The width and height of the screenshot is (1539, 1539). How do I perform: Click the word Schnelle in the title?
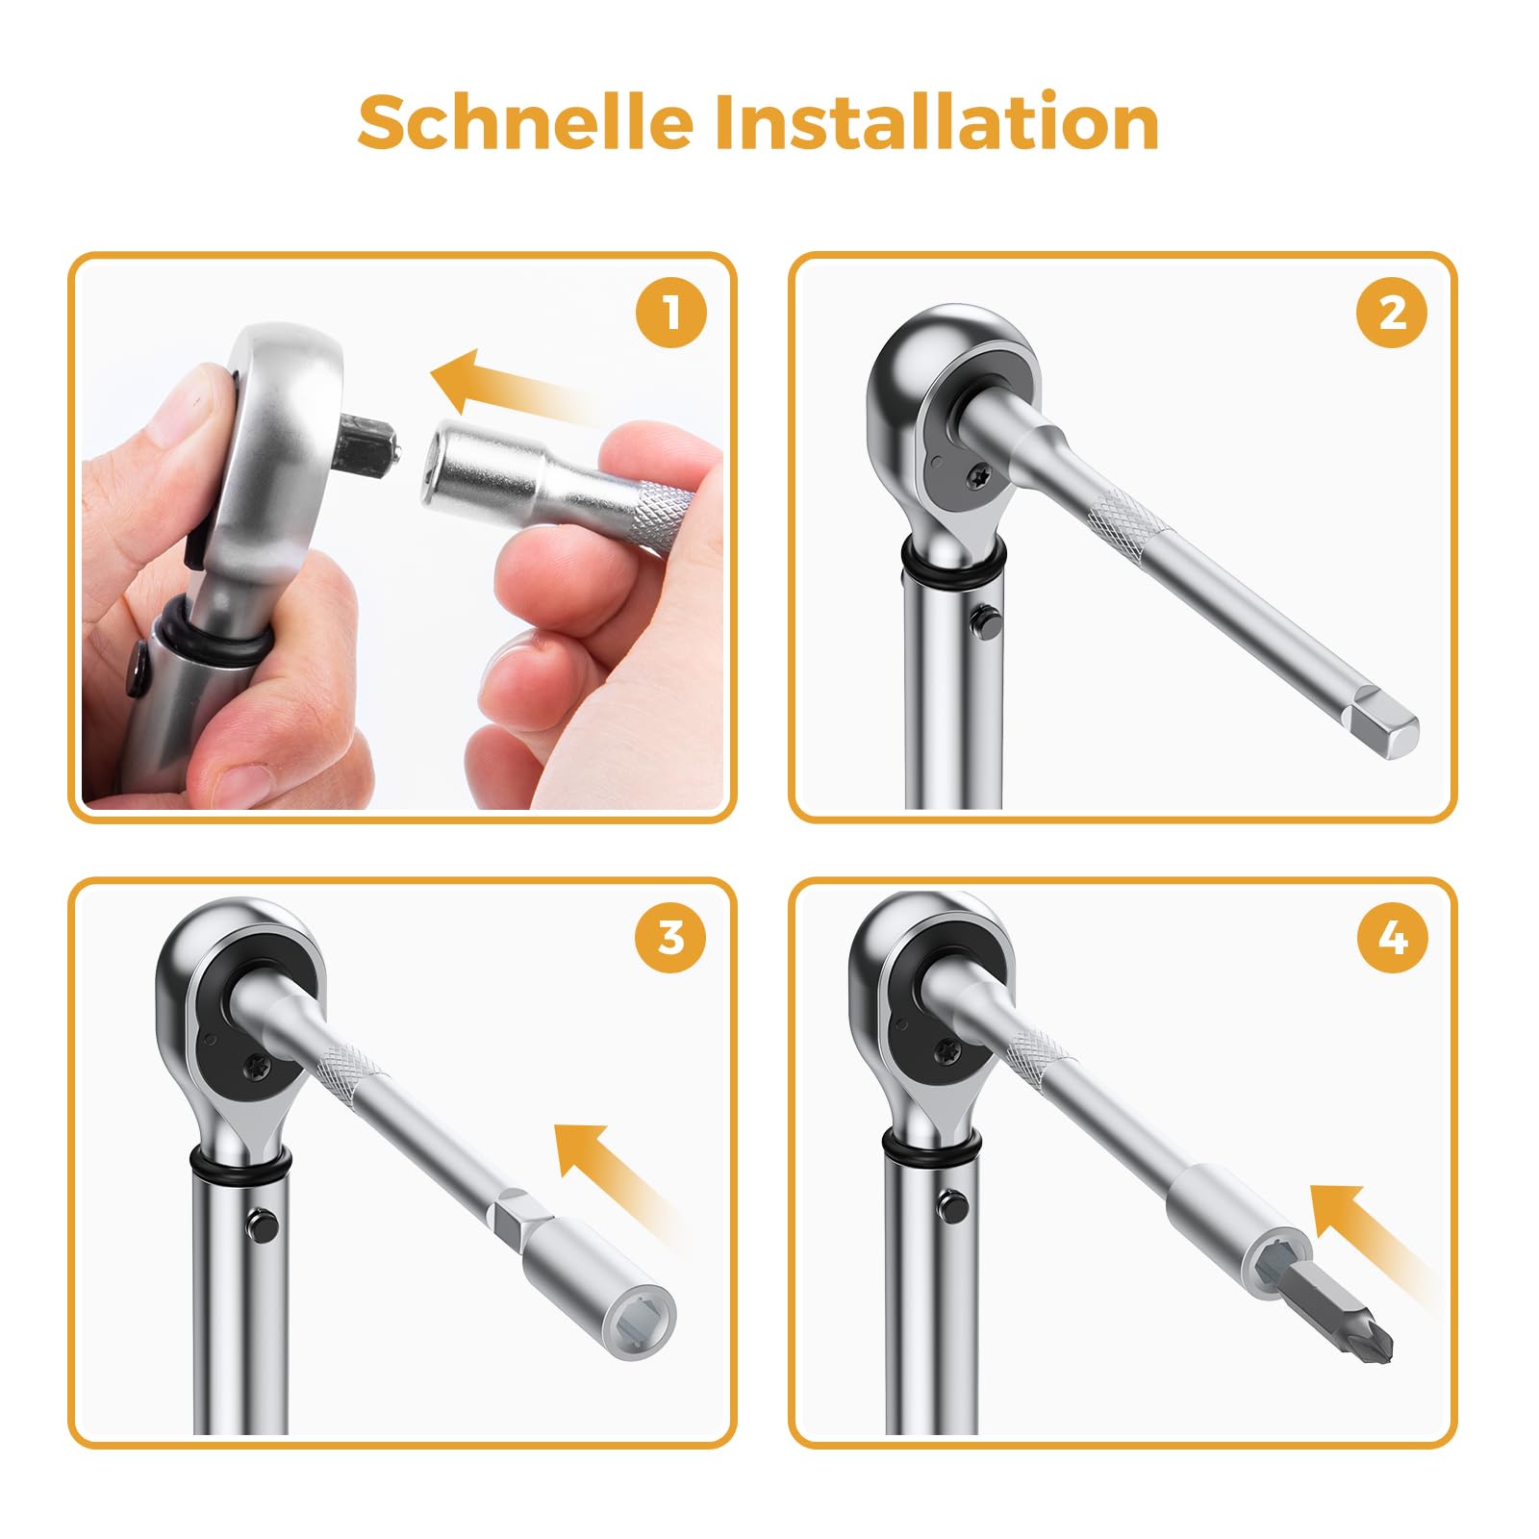point(525,123)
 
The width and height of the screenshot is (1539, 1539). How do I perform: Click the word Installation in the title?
point(937,123)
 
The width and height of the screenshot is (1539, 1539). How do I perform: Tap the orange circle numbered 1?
point(670,313)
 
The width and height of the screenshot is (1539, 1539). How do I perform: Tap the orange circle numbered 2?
point(1391,313)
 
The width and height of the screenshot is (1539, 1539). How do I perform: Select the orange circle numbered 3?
point(670,937)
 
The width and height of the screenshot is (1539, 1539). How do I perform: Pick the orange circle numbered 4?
point(1391,937)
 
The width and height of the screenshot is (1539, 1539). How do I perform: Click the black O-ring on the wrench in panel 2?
point(953,568)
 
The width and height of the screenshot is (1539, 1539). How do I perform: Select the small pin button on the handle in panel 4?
point(953,1204)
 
